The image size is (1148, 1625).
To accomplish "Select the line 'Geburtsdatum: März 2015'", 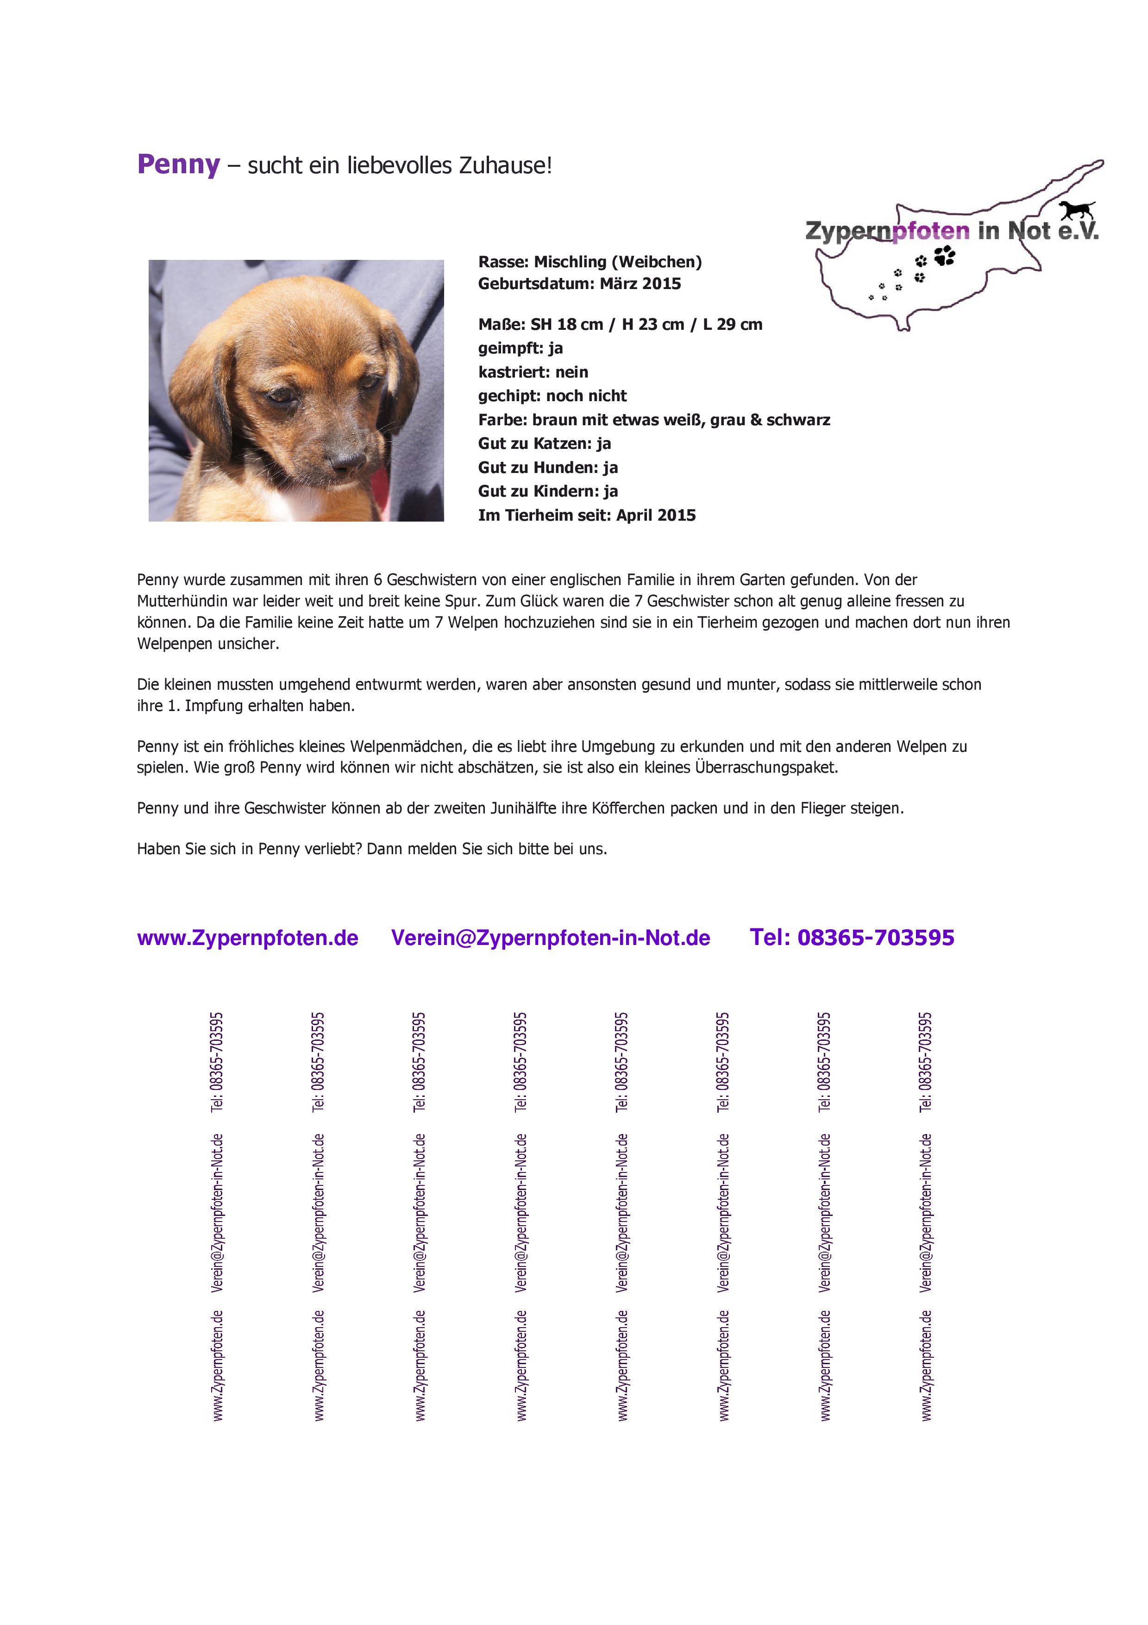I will click(579, 284).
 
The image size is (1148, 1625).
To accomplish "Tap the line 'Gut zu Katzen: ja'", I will click(544, 444).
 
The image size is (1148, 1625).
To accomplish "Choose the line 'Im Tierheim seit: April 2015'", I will click(586, 515).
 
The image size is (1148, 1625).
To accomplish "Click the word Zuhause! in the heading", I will click(505, 166).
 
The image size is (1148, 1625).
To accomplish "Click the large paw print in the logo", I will click(944, 256).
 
